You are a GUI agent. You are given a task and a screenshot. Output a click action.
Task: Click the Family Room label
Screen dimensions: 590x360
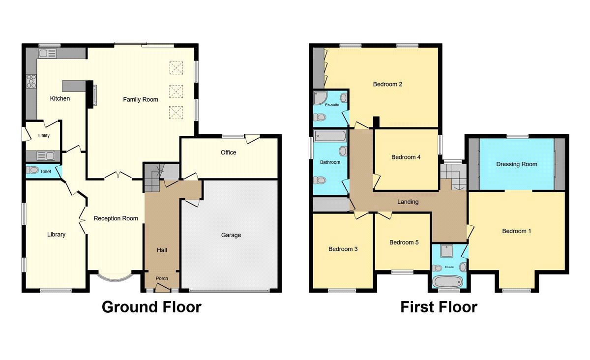pyautogui.click(x=141, y=100)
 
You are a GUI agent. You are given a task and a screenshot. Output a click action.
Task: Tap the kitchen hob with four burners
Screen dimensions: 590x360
pyautogui.click(x=31, y=81)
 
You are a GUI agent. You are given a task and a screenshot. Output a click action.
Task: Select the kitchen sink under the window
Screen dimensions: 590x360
pyautogui.click(x=47, y=54)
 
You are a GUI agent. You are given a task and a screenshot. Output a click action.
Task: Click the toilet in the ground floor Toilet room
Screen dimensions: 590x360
pyautogui.click(x=32, y=170)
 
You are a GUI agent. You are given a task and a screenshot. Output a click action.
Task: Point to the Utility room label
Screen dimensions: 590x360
pyautogui.click(x=44, y=135)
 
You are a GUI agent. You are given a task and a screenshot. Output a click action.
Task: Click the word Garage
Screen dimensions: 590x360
pyautogui.click(x=231, y=235)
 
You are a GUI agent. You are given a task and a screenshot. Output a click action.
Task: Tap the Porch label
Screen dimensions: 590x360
pyautogui.click(x=162, y=278)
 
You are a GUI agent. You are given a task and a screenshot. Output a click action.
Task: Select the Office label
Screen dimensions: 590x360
pyautogui.click(x=228, y=152)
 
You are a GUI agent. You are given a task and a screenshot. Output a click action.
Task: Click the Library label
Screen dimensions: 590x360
pyautogui.click(x=57, y=235)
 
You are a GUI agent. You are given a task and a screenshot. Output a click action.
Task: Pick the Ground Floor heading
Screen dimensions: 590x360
pyautogui.click(x=152, y=307)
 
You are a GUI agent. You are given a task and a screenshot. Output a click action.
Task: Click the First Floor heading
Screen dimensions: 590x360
pyautogui.click(x=439, y=307)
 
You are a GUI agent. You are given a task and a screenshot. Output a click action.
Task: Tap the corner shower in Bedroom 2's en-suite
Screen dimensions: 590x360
pyautogui.click(x=320, y=98)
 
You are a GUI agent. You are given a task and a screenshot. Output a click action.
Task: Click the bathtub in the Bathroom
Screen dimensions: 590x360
pyautogui.click(x=330, y=136)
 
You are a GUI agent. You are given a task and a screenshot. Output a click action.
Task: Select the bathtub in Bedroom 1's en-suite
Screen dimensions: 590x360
pyautogui.click(x=448, y=282)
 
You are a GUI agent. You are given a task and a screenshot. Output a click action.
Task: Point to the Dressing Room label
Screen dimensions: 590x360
pyautogui.click(x=517, y=164)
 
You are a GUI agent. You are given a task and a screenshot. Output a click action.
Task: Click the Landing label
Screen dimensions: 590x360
pyautogui.click(x=408, y=202)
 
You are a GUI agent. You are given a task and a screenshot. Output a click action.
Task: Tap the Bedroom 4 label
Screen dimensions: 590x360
pyautogui.click(x=406, y=157)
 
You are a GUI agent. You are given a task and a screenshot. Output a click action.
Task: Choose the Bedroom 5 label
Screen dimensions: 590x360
pyautogui.click(x=404, y=242)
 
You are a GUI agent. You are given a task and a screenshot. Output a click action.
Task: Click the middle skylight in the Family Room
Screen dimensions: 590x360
pyautogui.click(x=176, y=91)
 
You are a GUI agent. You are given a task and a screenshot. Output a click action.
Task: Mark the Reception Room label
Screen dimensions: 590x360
pyautogui.click(x=116, y=218)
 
